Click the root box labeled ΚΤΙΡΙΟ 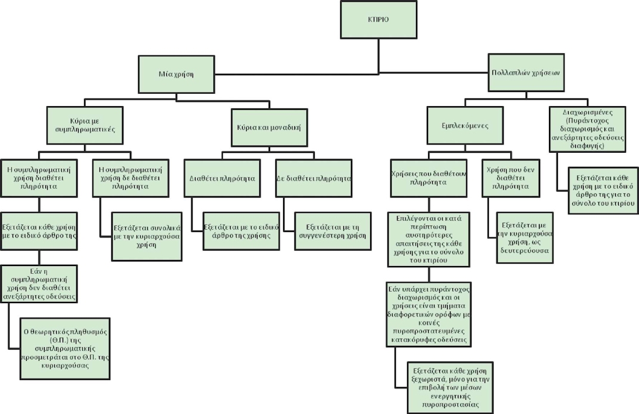(377, 19)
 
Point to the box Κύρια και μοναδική (269, 126)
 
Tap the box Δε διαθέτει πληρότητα (314, 178)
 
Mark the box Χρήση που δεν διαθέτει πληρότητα (507, 178)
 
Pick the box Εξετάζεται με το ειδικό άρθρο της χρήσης (241, 231)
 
